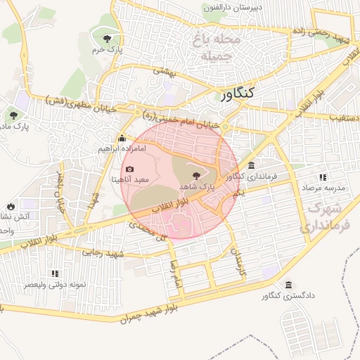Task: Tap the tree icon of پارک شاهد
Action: click(196, 176)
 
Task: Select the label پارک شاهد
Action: click(197, 187)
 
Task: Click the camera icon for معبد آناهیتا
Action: click(129, 169)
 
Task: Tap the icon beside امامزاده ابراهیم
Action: click(123, 139)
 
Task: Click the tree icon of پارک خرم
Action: click(107, 39)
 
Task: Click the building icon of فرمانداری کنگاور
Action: click(252, 165)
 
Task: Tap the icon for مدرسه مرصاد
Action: click(323, 178)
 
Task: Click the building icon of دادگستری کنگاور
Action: click(290, 285)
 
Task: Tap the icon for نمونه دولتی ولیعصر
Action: click(55, 273)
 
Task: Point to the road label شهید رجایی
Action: click(103, 253)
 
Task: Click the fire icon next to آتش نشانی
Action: click(11, 206)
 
